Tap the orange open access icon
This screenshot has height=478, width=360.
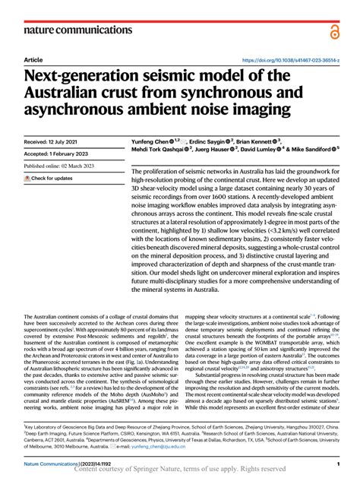tap(334, 30)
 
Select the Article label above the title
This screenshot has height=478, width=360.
tap(33, 59)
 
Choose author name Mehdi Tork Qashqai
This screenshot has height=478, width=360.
tap(151, 151)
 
